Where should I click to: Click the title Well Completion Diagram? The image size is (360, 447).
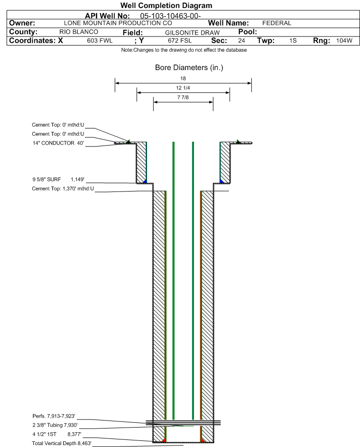coord(166,6)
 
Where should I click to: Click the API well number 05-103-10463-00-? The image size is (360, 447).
coord(174,16)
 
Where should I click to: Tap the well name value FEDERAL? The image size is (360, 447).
coord(277,23)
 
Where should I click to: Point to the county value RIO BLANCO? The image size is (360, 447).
coord(79,32)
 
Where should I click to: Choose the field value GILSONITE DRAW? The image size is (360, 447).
coord(192,32)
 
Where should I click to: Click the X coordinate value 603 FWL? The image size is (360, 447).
coord(100,41)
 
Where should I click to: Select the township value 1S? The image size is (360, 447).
coord(293,41)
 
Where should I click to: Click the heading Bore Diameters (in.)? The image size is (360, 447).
coord(189,68)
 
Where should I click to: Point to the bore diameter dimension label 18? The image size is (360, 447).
coord(183,78)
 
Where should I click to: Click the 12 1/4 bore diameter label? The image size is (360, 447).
coord(183,88)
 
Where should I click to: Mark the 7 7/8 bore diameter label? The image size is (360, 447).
coord(183,98)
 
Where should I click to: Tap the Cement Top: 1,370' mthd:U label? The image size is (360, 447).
coord(63,189)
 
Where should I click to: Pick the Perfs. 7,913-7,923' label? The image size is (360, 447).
coord(54,416)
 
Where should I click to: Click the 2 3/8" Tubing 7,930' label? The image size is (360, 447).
coord(55,426)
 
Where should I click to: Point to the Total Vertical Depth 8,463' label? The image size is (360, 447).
coord(61,443)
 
